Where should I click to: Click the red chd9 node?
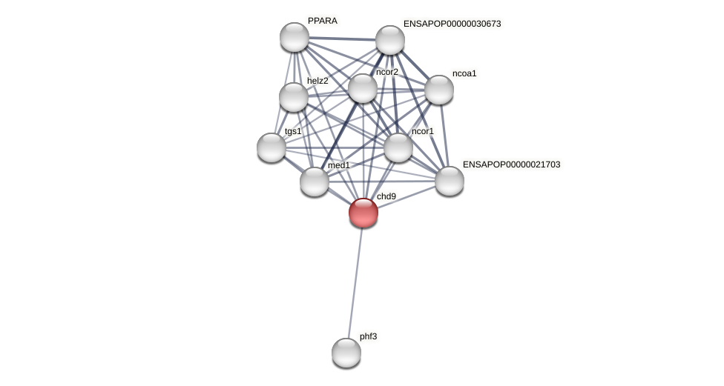pyautogui.click(x=363, y=213)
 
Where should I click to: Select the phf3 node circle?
pyautogui.click(x=346, y=353)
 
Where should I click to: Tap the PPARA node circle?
pyautogui.click(x=294, y=37)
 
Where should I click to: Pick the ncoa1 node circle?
pyautogui.click(x=439, y=90)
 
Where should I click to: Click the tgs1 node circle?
pyautogui.click(x=271, y=147)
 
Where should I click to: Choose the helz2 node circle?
pyautogui.click(x=294, y=97)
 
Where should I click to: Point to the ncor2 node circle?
pyautogui.click(x=363, y=88)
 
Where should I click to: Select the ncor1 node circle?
pyautogui.click(x=398, y=147)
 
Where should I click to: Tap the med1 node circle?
pyautogui.click(x=315, y=182)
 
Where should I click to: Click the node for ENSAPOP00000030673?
pyautogui.click(x=390, y=40)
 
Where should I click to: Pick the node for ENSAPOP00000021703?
pyautogui.click(x=450, y=181)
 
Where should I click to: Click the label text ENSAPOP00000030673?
pyautogui.click(x=452, y=24)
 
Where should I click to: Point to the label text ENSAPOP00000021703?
pyautogui.click(x=511, y=164)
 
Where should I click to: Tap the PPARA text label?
pyautogui.click(x=322, y=21)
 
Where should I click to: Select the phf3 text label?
pyautogui.click(x=368, y=336)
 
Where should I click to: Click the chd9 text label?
pyautogui.click(x=386, y=196)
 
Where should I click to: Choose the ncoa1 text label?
pyautogui.click(x=464, y=73)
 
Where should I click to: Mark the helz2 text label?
pyautogui.click(x=317, y=81)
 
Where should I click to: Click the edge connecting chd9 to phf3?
pyautogui.click(x=355, y=282)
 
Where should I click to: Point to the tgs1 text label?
pyautogui.click(x=293, y=131)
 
